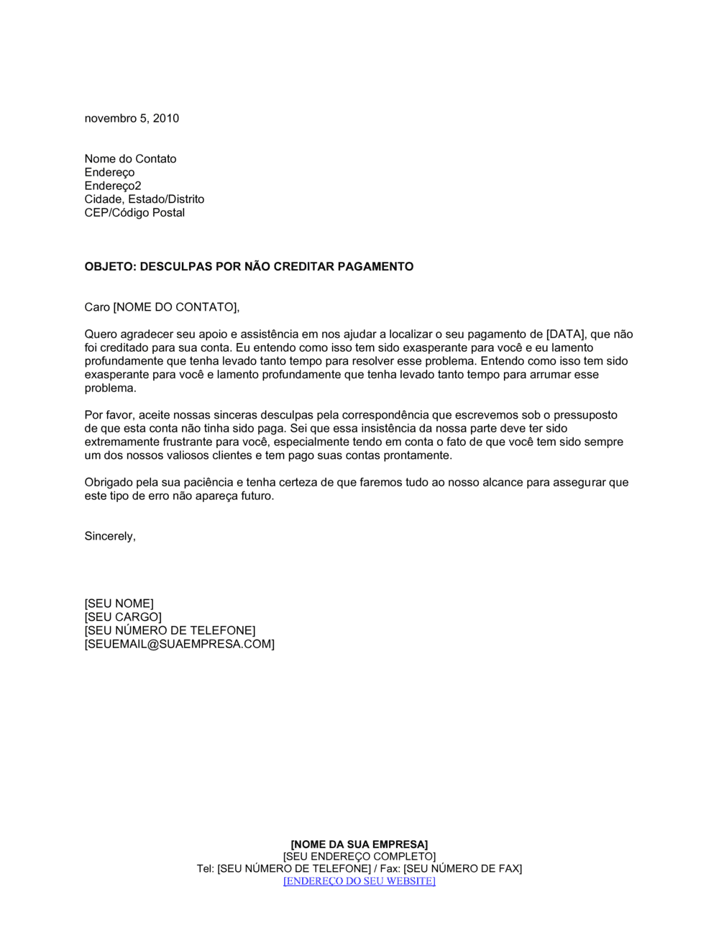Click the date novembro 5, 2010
pos(132,119)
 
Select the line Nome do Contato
pos(130,159)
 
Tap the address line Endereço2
pos(113,186)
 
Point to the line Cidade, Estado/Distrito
pos(144,199)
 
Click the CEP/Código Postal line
pos(134,213)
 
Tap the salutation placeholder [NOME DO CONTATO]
pos(175,308)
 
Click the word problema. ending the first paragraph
pos(110,388)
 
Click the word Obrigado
pos(109,483)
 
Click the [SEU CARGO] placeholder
pos(123,617)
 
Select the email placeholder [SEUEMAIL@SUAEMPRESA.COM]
pos(179,645)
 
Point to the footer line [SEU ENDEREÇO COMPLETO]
pos(359,857)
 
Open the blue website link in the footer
pos(359,881)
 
